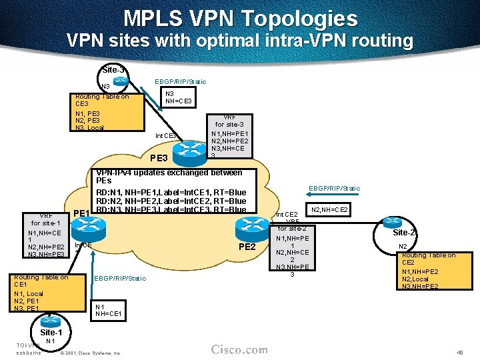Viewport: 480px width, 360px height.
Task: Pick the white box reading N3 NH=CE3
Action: point(179,97)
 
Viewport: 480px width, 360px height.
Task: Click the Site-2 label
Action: point(404,233)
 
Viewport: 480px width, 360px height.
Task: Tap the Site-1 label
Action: point(51,332)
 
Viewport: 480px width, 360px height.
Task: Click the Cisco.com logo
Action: point(239,349)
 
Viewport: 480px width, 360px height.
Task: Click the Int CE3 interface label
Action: point(165,136)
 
